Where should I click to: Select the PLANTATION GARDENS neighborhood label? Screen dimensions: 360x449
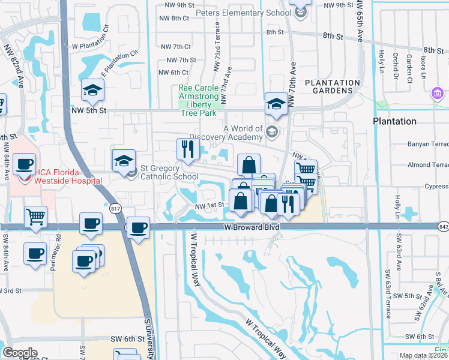pos(333,86)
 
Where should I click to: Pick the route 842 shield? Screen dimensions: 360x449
pos(444,227)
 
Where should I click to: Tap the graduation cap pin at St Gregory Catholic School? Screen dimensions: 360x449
pos(124,160)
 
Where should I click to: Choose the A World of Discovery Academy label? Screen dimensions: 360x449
pos(243,133)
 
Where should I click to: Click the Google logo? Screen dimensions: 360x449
pos(20,353)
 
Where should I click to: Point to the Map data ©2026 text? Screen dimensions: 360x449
pos(423,355)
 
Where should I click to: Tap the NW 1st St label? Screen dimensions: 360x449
pos(209,205)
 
